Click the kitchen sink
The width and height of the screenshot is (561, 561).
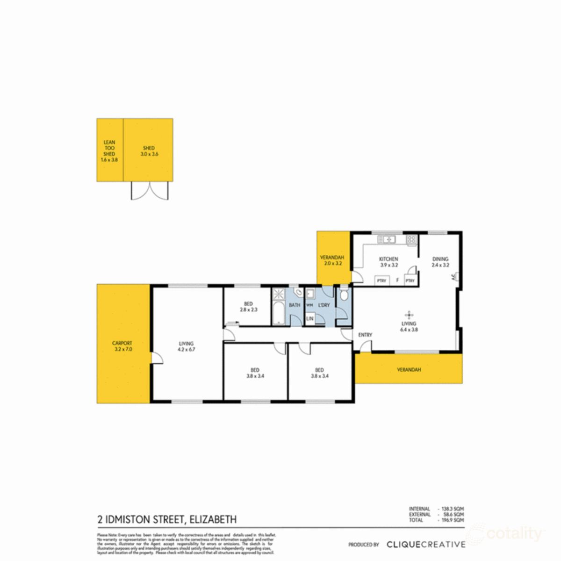click(387, 240)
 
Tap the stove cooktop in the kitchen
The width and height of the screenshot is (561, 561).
click(411, 240)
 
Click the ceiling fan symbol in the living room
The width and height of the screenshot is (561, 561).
click(409, 314)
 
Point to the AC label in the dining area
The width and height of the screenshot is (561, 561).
click(453, 277)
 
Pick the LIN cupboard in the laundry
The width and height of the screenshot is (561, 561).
click(309, 319)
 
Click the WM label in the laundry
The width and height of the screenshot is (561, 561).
click(309, 305)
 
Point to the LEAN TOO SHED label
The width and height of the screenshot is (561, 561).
click(109, 151)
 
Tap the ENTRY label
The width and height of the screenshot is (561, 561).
click(365, 335)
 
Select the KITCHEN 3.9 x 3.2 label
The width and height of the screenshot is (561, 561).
click(388, 262)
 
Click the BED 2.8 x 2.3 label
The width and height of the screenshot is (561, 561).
click(248, 307)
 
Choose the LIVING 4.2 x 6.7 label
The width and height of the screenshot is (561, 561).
click(186, 346)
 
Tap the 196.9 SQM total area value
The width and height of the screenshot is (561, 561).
click(453, 520)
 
